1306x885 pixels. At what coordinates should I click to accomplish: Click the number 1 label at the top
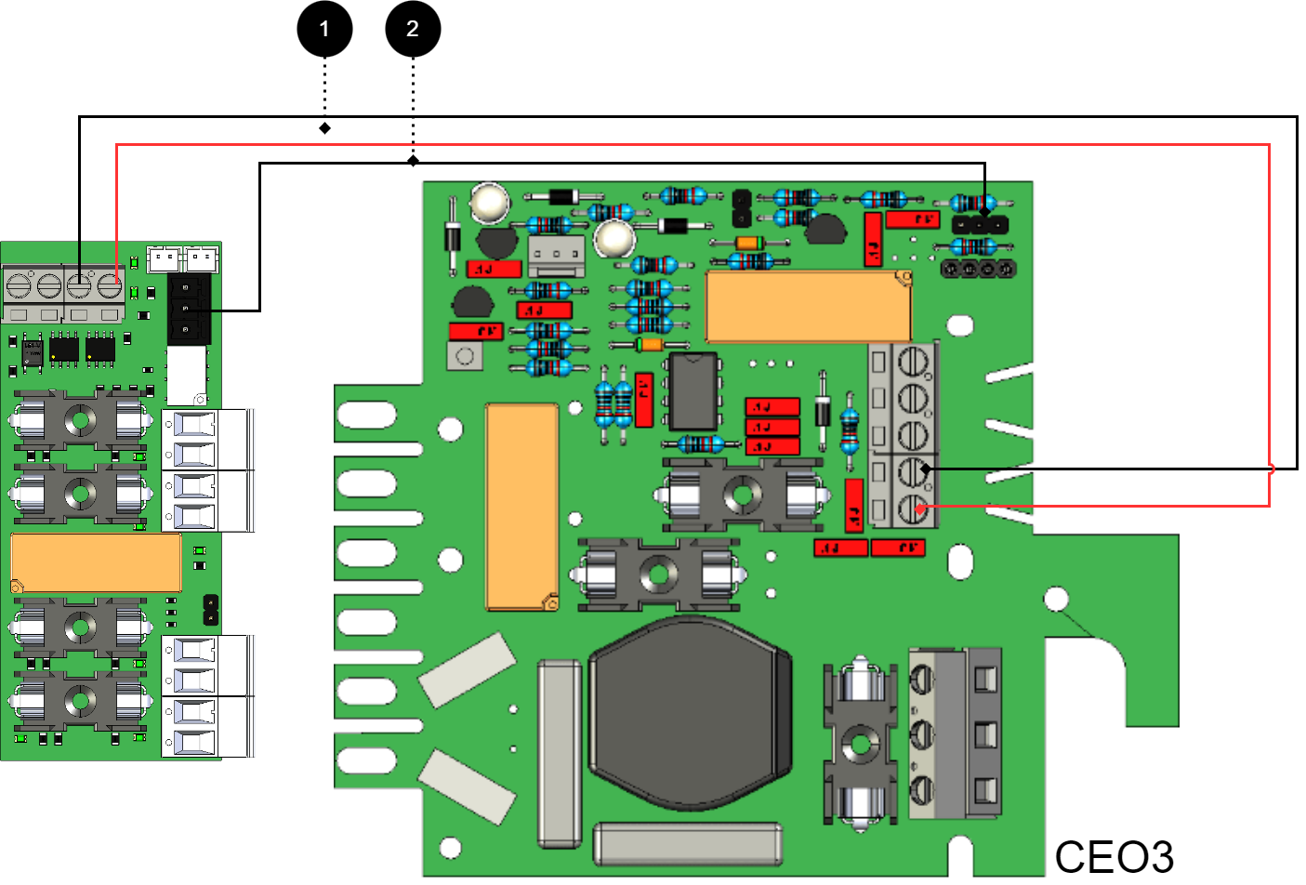(324, 29)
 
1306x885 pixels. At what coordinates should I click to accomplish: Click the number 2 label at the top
(413, 29)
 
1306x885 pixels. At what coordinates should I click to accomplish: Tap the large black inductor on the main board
(689, 711)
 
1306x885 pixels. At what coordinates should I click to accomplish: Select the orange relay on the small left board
(96, 562)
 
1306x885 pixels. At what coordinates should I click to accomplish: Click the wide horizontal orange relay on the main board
(808, 307)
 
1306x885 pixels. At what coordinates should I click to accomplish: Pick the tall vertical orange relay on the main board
(521, 507)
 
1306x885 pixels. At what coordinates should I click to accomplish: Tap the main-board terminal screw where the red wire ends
(914, 509)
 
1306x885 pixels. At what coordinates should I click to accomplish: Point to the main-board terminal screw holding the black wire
(914, 470)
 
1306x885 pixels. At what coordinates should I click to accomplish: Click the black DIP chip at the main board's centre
(693, 390)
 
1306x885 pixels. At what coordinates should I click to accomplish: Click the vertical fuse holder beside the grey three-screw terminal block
(860, 743)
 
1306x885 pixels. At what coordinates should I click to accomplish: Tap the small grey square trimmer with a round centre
(465, 356)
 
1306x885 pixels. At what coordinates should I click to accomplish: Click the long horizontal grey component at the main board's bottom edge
(687, 844)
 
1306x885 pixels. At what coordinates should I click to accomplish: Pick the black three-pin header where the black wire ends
(980, 224)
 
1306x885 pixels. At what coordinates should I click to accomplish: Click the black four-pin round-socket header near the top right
(978, 269)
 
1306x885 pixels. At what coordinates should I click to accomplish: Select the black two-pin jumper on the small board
(211, 610)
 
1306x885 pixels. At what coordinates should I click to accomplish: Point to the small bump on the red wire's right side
(1271, 469)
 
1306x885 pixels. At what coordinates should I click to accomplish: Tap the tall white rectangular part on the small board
(186, 374)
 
